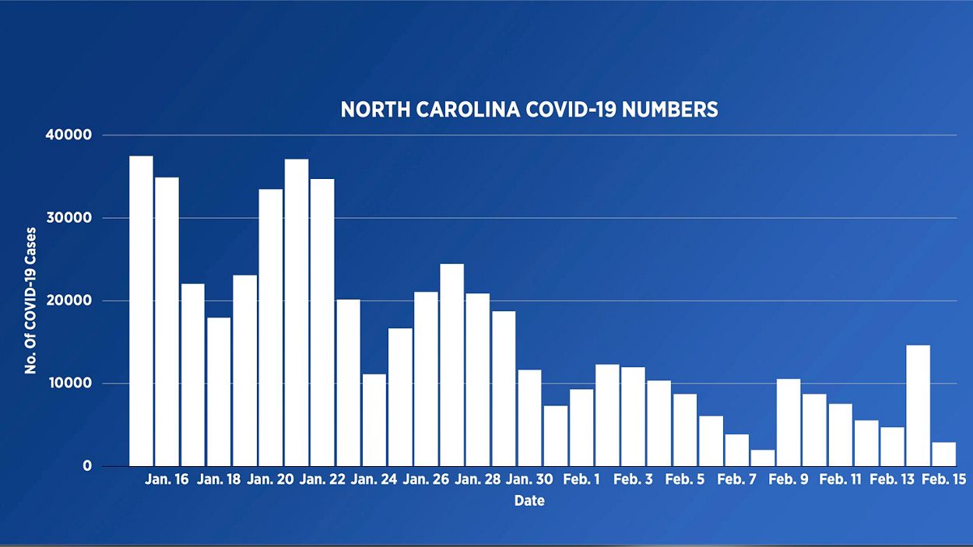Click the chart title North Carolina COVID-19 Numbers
click(x=529, y=110)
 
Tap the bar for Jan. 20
click(x=270, y=327)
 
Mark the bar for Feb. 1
click(x=581, y=427)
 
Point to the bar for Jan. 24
click(x=374, y=419)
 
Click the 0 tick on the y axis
click(x=87, y=466)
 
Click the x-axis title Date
click(x=529, y=501)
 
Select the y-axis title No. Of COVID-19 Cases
click(x=31, y=300)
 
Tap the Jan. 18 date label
click(x=219, y=480)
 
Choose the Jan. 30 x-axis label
click(x=529, y=480)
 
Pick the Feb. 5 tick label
click(x=685, y=480)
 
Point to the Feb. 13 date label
click(x=892, y=480)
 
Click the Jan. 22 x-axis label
click(x=322, y=480)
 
